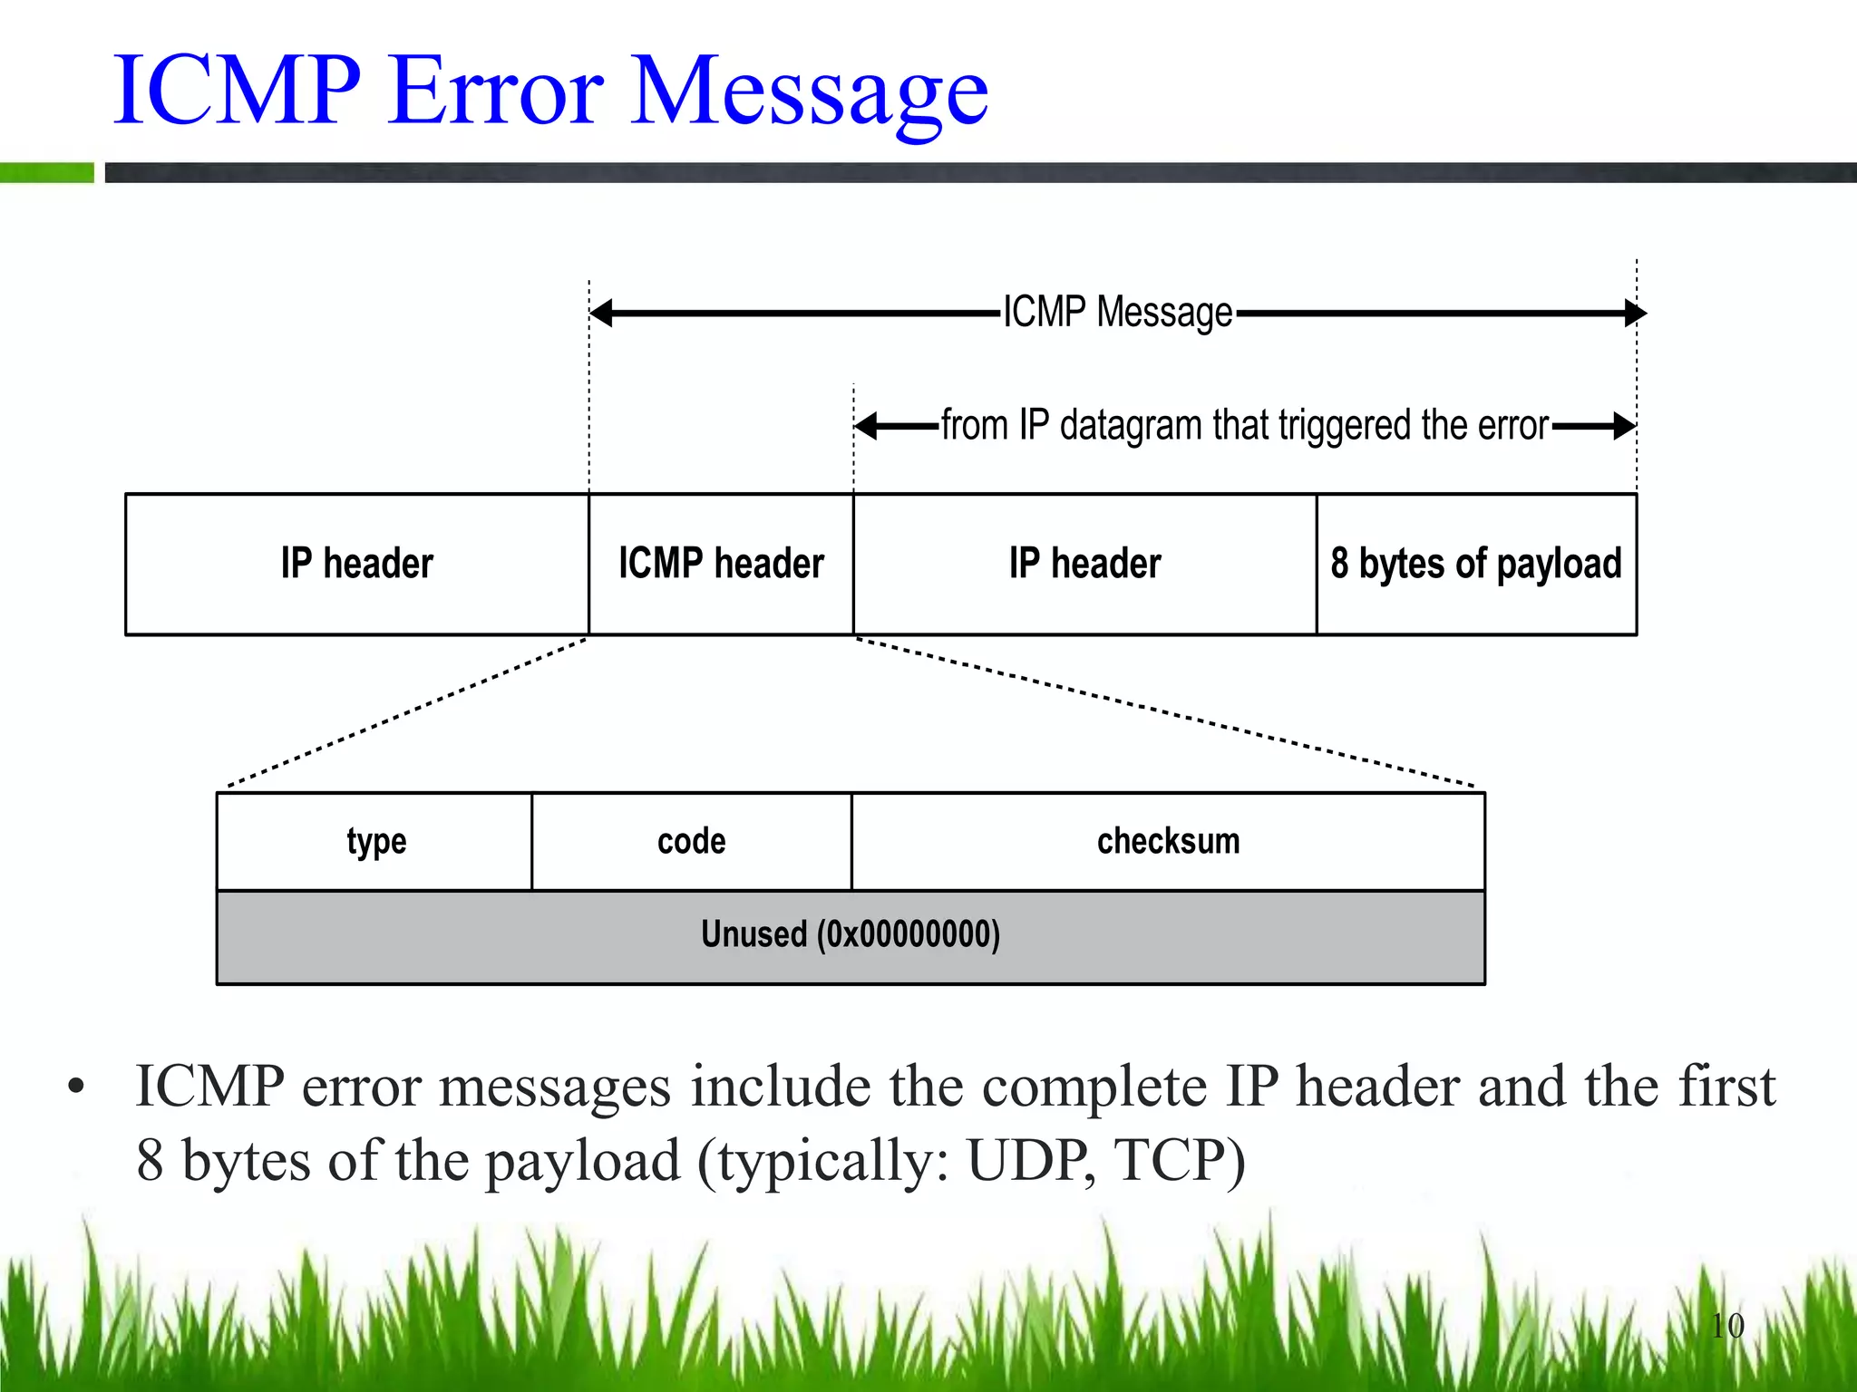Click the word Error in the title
click(x=496, y=91)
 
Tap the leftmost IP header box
click(x=356, y=564)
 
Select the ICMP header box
click(x=721, y=564)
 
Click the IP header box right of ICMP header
click(x=1084, y=564)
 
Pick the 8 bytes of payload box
click(x=1476, y=564)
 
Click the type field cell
click(x=375, y=842)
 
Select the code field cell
click(x=691, y=842)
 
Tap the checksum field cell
click(x=1168, y=842)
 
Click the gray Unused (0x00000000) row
click(x=850, y=936)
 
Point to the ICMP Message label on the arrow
click(x=1117, y=313)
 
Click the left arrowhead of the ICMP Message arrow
click(x=601, y=313)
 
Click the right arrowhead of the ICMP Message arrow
click(x=1635, y=313)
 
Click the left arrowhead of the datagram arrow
click(x=866, y=425)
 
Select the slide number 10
click(x=1727, y=1326)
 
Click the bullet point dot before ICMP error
click(x=76, y=1087)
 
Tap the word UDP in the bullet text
click(x=1028, y=1160)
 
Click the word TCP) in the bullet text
click(x=1180, y=1160)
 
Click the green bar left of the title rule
click(x=46, y=172)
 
